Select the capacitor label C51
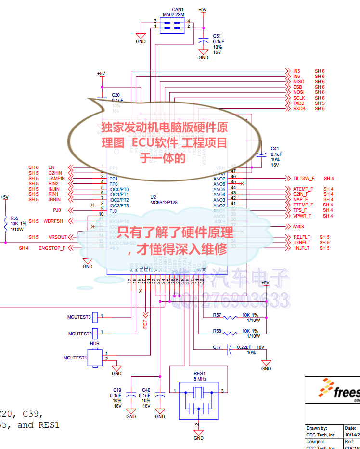pyautogui.click(x=217, y=36)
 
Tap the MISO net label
pyautogui.click(x=298, y=82)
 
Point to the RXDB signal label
pyautogui.click(x=299, y=109)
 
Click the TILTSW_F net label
pyautogui.click(x=303, y=179)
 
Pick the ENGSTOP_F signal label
pyautogui.click(x=52, y=248)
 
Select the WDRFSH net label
pyautogui.click(x=52, y=221)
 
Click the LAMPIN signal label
pyautogui.click(x=57, y=179)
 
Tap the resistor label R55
pyautogui.click(x=14, y=218)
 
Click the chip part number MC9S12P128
pyautogui.click(x=164, y=203)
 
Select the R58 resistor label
pyautogui.click(x=217, y=331)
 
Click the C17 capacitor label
pyautogui.click(x=217, y=347)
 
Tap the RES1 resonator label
pyautogui.click(x=199, y=374)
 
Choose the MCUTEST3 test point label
pyautogui.click(x=79, y=317)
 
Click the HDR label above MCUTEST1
pyautogui.click(x=95, y=344)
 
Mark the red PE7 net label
pyautogui.click(x=145, y=323)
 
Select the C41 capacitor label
pyautogui.click(x=275, y=149)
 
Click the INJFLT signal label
pyautogui.click(x=302, y=248)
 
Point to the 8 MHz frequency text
pyautogui.click(x=200, y=379)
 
